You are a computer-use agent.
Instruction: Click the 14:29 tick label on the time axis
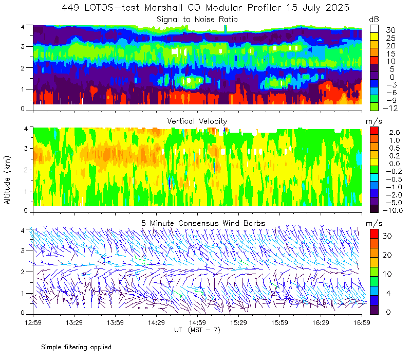click(x=156, y=322)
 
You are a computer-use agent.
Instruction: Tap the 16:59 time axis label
click(x=362, y=322)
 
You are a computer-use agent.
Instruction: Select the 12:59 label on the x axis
click(x=33, y=322)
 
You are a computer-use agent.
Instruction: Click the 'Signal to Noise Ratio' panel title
click(x=197, y=20)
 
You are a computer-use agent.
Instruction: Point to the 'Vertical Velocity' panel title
click(x=197, y=121)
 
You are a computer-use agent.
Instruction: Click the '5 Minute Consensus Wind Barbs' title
click(x=203, y=223)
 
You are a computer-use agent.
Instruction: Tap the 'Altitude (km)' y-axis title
click(x=7, y=180)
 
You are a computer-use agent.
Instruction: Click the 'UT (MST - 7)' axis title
click(x=197, y=330)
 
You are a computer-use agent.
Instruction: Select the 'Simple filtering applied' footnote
click(x=76, y=347)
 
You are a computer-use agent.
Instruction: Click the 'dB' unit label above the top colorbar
click(x=374, y=20)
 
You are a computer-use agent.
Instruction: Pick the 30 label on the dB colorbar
click(x=390, y=30)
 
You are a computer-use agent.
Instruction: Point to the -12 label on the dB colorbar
click(x=390, y=108)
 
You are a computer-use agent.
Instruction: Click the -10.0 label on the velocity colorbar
click(x=393, y=210)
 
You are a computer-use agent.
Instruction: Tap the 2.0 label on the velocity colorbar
click(x=395, y=133)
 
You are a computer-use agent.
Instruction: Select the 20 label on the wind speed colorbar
click(x=387, y=255)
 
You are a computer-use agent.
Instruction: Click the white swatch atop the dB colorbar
click(x=374, y=29)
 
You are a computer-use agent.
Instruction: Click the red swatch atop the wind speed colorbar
click(x=374, y=234)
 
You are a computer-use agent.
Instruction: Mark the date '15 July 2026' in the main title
click(x=317, y=8)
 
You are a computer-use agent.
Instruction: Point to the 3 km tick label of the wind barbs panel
click(x=23, y=250)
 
